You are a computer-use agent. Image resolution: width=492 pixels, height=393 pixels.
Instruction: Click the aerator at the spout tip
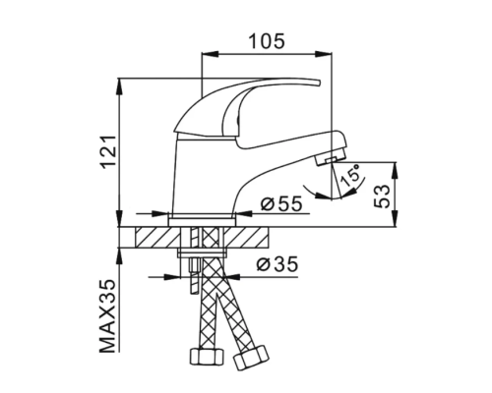pyautogui.click(x=334, y=156)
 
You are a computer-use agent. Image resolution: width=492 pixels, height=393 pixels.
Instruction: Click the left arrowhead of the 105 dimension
pyautogui.click(x=205, y=55)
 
